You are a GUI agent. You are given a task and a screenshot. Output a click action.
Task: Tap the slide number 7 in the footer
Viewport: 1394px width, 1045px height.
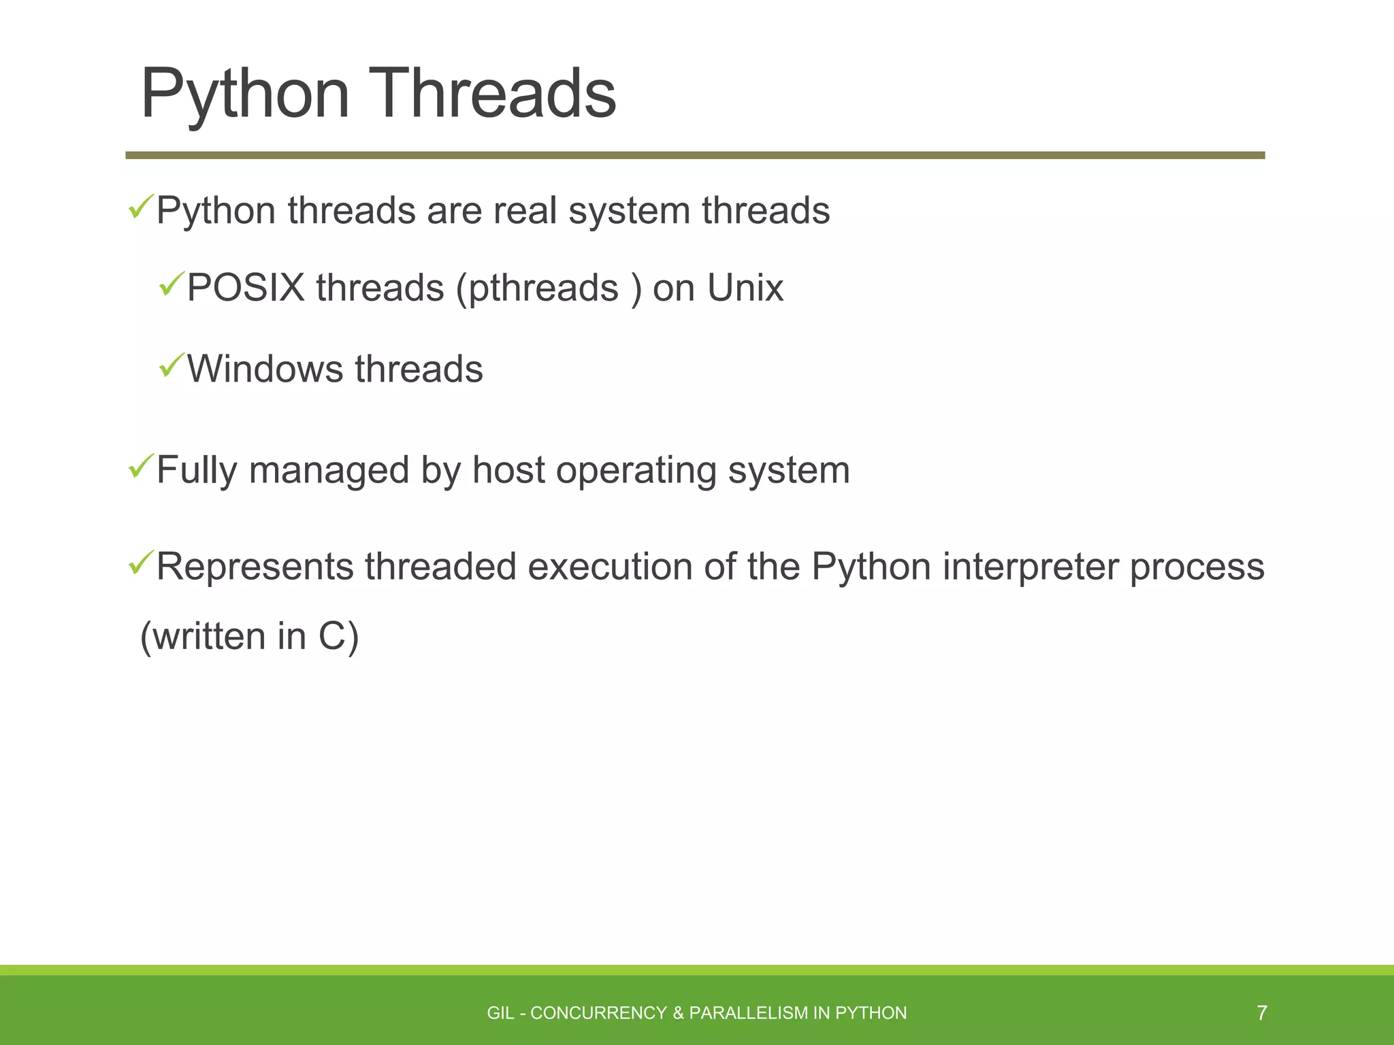[1261, 1013]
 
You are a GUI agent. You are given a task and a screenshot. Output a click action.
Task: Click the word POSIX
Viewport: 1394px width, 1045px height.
[246, 288]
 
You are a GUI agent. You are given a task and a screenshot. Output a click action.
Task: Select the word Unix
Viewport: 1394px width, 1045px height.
[745, 288]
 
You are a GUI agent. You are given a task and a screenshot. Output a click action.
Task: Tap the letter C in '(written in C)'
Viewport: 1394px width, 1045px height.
[331, 637]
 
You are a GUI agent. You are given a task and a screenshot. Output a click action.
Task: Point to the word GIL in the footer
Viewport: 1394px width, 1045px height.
[500, 1013]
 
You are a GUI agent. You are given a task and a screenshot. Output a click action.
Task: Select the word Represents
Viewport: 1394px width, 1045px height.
[255, 567]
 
